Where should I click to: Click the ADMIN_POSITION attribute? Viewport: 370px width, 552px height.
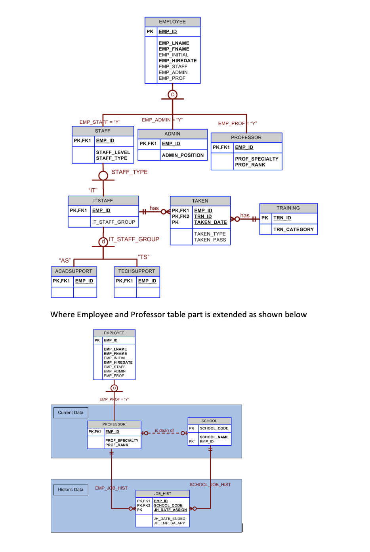coord(183,155)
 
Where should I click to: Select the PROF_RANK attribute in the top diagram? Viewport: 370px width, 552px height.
coord(250,165)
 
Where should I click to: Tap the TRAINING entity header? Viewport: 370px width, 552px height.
coord(288,208)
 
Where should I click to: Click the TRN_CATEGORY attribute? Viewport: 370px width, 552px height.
coord(294,230)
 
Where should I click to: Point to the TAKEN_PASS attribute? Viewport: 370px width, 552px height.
coord(210,240)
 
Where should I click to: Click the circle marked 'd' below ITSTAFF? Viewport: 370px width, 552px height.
coord(103,241)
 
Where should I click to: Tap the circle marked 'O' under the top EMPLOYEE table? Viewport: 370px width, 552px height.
coord(172,94)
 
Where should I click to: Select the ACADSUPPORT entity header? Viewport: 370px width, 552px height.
coord(74,271)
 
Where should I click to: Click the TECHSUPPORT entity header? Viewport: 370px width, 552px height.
coord(137,271)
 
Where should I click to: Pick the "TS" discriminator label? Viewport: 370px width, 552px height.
coord(143,257)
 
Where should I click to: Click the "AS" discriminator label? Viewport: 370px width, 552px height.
coord(65,261)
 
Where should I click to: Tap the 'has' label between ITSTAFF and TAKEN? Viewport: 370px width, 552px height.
coord(154,208)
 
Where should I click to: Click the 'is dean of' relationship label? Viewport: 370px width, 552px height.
coord(164,430)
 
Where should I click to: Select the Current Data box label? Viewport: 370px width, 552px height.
coord(71,413)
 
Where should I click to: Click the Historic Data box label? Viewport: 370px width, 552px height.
coord(71,490)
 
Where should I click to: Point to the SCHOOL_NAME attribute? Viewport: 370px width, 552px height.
coord(214,437)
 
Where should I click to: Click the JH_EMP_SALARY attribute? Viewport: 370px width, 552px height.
coord(169,523)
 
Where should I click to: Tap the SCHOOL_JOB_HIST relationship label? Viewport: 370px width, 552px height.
coord(210,485)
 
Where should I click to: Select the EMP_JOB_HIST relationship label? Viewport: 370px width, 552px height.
coord(111,488)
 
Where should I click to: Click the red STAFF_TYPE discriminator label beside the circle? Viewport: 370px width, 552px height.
coord(130,172)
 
